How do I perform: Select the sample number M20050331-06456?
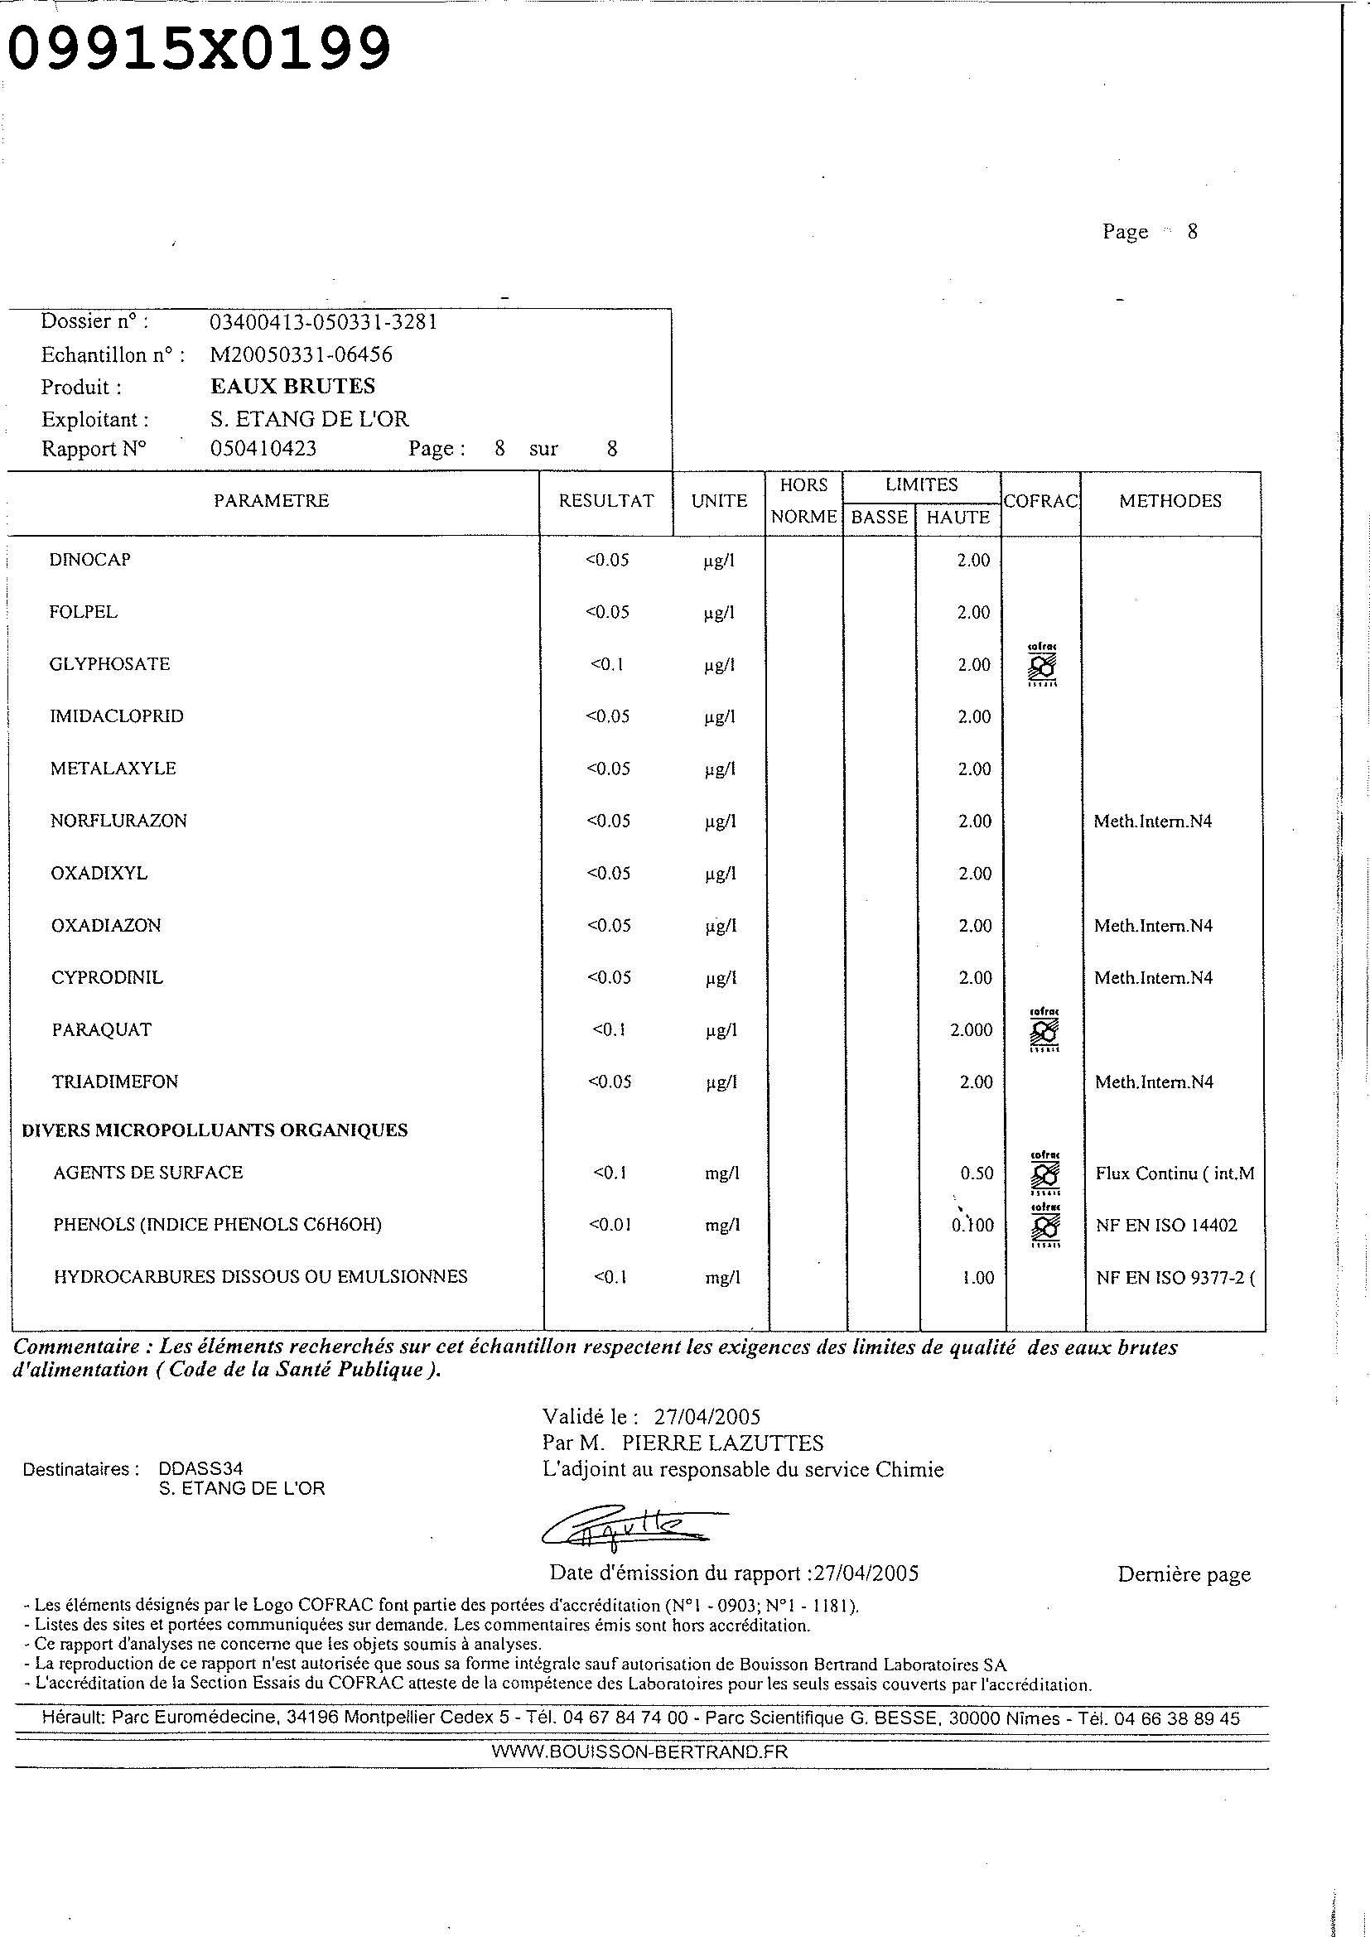click(x=301, y=354)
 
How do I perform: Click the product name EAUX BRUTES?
click(x=292, y=387)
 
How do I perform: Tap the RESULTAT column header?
click(x=605, y=501)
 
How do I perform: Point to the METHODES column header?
click(x=1170, y=501)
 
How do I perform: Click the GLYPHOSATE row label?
click(x=109, y=664)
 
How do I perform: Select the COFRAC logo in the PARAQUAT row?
click(x=1044, y=1030)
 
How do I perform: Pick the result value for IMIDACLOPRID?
click(x=607, y=716)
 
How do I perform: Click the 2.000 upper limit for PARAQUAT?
click(x=971, y=1030)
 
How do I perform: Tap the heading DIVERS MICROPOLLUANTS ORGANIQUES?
click(x=215, y=1130)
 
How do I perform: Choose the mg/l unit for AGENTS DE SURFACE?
click(x=722, y=1173)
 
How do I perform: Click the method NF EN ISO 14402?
click(x=1166, y=1226)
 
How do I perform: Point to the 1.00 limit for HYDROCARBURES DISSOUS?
click(x=977, y=1278)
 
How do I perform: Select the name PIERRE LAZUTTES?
click(x=722, y=1443)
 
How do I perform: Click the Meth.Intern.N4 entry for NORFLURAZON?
click(x=1152, y=821)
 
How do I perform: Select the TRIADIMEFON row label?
click(x=115, y=1082)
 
